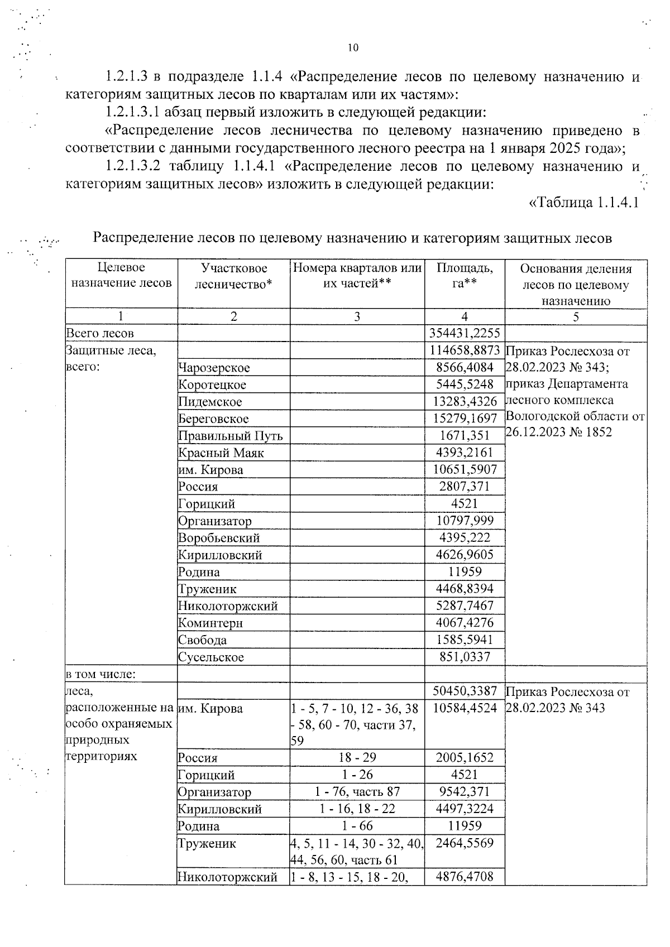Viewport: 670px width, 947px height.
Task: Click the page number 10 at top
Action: click(x=353, y=48)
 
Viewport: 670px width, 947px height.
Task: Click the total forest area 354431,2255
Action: click(x=465, y=333)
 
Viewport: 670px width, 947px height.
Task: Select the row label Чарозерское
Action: click(x=214, y=368)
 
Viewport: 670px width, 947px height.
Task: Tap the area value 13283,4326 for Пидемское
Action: click(x=465, y=402)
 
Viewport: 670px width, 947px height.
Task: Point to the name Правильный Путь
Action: click(x=230, y=436)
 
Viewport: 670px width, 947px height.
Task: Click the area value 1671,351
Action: click(x=465, y=435)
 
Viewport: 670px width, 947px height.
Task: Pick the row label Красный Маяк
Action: click(x=221, y=453)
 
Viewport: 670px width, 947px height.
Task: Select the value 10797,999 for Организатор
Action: click(x=465, y=521)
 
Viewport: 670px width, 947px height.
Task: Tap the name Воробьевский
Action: click(x=219, y=538)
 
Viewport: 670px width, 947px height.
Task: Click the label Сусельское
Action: click(x=211, y=657)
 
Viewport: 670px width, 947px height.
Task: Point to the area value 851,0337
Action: click(x=465, y=657)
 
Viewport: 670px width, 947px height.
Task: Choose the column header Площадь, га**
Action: click(x=465, y=276)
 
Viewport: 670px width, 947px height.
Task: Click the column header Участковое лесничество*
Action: click(x=233, y=276)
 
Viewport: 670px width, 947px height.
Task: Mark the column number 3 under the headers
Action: click(x=357, y=317)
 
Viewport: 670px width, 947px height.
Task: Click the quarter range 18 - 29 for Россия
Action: click(x=357, y=758)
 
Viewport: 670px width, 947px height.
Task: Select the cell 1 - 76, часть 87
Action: click(x=357, y=792)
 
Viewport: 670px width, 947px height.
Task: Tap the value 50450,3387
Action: click(x=465, y=691)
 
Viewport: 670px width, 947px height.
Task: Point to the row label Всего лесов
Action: click(x=100, y=334)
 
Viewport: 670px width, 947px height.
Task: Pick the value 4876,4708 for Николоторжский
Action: click(x=465, y=877)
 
